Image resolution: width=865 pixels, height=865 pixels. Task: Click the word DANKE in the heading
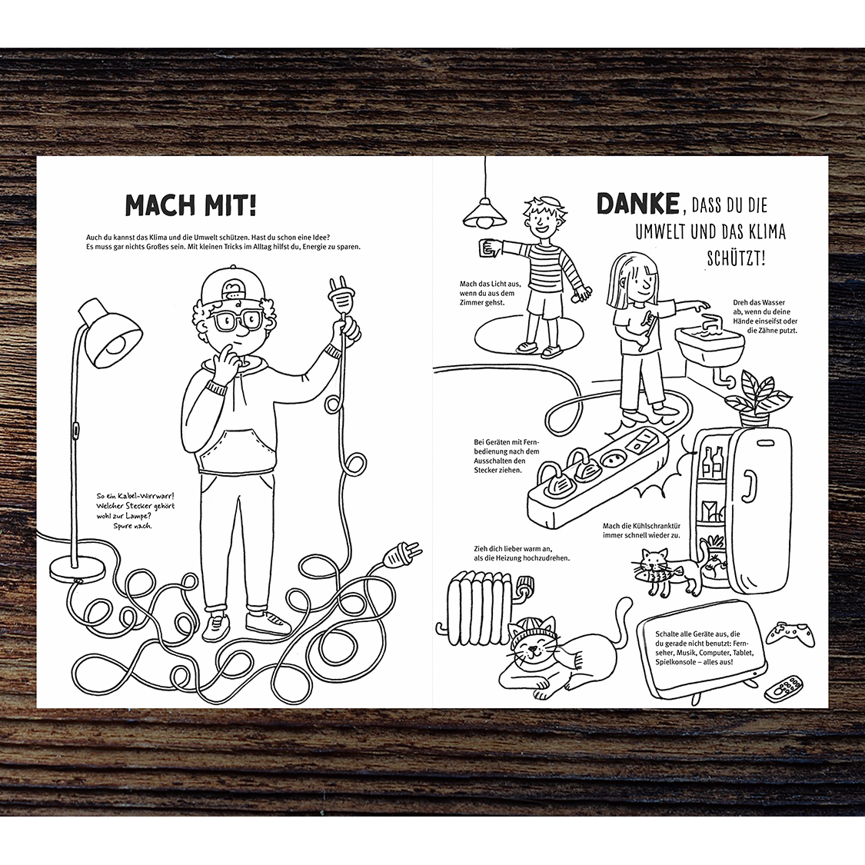(x=637, y=204)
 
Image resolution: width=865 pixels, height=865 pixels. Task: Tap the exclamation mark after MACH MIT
(x=252, y=204)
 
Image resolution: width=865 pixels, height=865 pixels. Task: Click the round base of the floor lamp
(x=77, y=567)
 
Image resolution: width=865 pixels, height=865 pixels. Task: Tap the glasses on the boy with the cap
(x=238, y=319)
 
